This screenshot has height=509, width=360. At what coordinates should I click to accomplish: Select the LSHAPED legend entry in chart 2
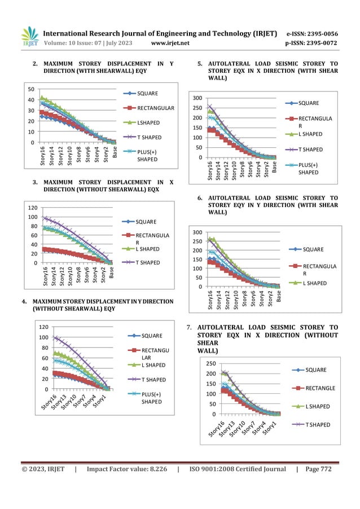coord(147,122)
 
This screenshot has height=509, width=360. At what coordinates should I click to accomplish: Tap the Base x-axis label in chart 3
coord(111,273)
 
